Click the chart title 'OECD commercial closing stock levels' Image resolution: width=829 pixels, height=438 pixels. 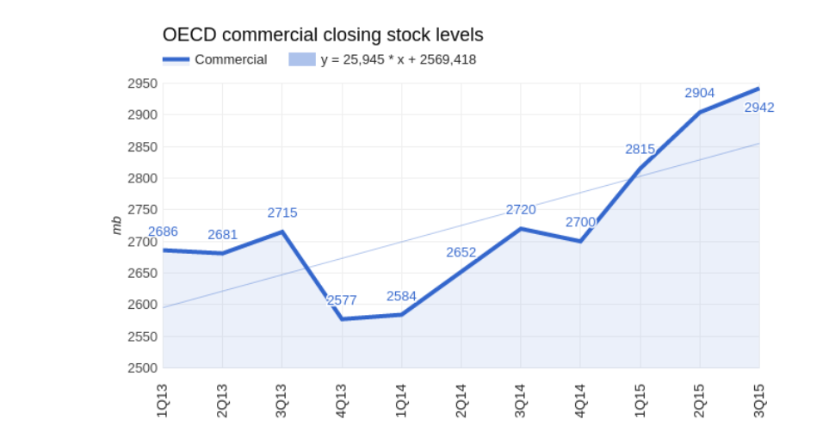point(323,35)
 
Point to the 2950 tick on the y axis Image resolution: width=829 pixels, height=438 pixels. point(144,83)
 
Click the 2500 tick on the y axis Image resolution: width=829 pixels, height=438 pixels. point(144,368)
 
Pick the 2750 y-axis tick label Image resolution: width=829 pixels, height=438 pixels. point(144,210)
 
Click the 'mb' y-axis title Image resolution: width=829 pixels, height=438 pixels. point(116,225)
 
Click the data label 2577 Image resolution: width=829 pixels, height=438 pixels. point(342,300)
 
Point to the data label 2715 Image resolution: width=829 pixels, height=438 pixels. point(281,213)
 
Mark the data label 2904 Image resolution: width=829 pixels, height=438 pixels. point(700,93)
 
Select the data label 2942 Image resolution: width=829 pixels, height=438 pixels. point(759,108)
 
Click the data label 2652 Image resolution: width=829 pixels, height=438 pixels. point(461,252)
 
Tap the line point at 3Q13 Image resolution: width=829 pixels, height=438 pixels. point(281,231)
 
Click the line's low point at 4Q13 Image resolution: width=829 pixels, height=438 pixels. point(342,319)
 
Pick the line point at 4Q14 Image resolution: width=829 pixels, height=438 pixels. point(580,241)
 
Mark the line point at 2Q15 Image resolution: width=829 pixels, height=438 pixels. point(699,112)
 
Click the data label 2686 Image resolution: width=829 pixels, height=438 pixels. point(163,231)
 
